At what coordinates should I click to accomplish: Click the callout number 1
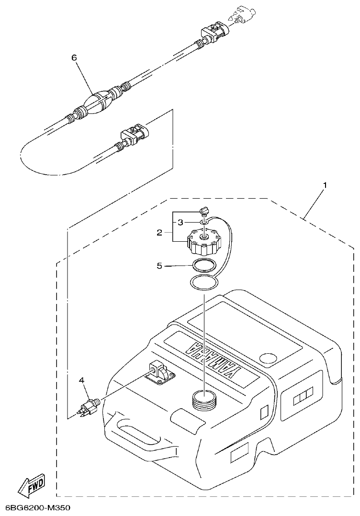point(326,185)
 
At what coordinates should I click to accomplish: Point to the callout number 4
point(82,380)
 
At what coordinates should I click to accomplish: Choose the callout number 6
point(74,57)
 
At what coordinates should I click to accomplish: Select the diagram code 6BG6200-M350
point(37,507)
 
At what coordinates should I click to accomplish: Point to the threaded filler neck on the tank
point(205,399)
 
